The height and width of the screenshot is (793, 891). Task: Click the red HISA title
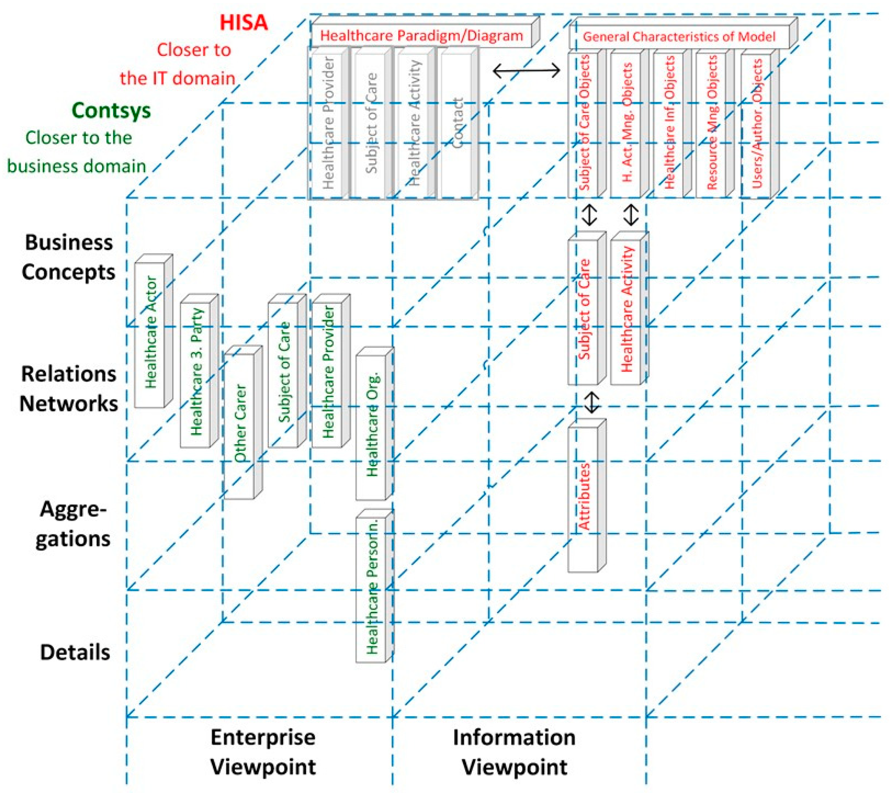tap(243, 23)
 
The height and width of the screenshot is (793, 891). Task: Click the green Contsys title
tap(111, 110)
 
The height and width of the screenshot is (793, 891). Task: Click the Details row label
tap(75, 653)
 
